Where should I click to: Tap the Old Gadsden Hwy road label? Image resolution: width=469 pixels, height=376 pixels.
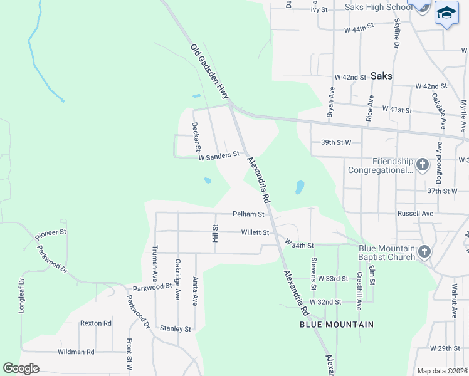point(210,71)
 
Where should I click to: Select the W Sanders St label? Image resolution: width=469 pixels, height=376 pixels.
point(219,154)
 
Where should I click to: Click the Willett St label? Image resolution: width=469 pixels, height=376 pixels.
point(255,232)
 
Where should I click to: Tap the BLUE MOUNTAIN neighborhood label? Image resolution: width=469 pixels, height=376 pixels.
point(336,325)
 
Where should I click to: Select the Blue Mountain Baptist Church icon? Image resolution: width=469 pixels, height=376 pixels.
point(424,252)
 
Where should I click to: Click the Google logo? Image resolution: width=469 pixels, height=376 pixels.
point(21,368)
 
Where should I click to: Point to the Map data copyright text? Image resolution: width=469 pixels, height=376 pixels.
point(442,371)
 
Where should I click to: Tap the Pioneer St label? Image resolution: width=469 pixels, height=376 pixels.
point(51,234)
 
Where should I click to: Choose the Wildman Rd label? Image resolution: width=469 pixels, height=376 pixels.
point(75,352)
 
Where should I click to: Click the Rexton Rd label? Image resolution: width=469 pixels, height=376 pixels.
point(95,323)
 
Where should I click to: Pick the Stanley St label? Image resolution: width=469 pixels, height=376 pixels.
point(175,328)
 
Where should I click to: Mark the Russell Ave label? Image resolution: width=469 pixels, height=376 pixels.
point(415,213)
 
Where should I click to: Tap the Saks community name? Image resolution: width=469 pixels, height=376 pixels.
point(381,76)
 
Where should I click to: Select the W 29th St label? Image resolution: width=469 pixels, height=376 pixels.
point(445,348)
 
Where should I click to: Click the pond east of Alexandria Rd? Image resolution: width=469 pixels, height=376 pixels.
point(300,187)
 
